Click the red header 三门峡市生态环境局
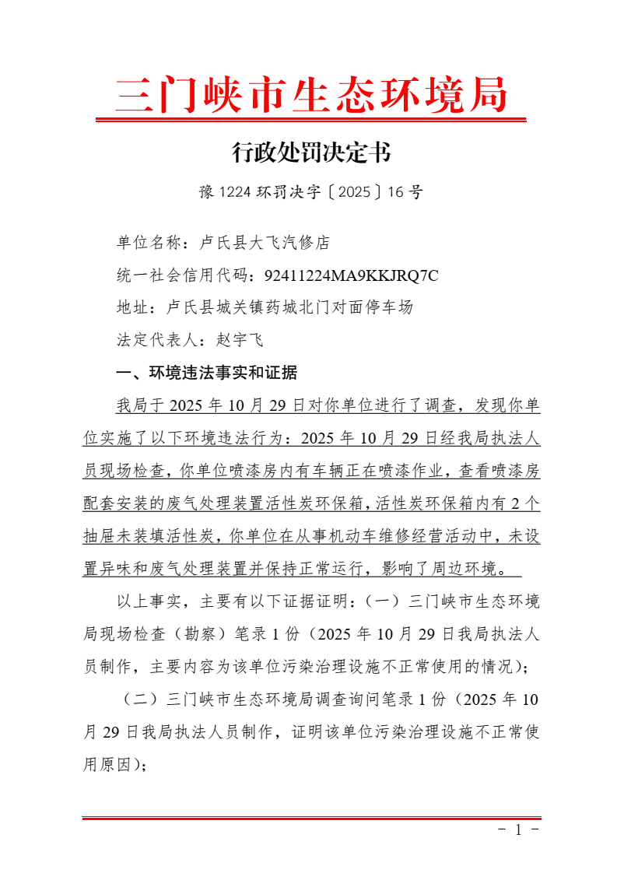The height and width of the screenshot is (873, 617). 311,96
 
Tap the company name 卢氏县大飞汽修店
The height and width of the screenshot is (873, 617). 265,243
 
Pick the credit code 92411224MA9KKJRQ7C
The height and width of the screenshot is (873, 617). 352,275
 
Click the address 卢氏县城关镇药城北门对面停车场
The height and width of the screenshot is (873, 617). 289,307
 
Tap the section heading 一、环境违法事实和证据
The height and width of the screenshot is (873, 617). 206,373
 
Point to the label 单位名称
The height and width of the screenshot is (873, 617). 149,243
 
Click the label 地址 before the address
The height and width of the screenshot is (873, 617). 132,307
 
